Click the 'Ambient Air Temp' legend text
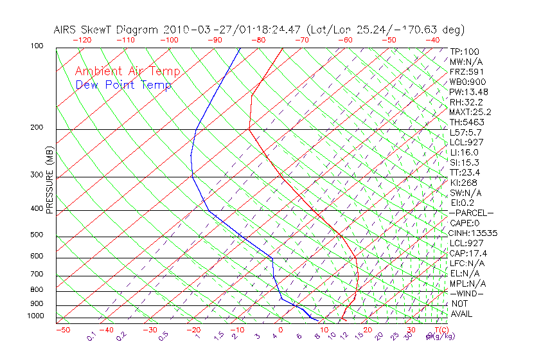pyautogui.click(x=128, y=71)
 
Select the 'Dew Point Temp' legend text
pyautogui.click(x=123, y=85)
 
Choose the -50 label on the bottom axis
pyautogui.click(x=62, y=330)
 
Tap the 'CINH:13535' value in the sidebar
pyautogui.click(x=474, y=233)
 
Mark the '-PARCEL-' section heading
pyautogui.click(x=471, y=213)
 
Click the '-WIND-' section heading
pyautogui.click(x=466, y=293)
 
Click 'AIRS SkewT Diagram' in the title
pyautogui.click(x=107, y=30)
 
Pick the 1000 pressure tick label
pyautogui.click(x=37, y=316)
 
